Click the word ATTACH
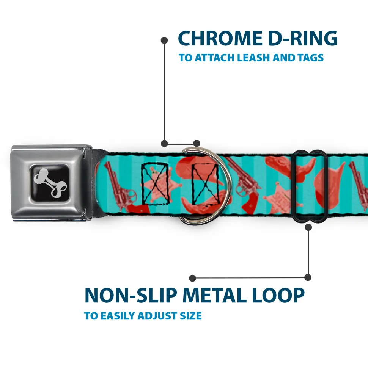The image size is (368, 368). tap(214, 58)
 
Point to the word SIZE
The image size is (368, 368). tap(189, 316)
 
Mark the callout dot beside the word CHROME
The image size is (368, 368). tap(164, 39)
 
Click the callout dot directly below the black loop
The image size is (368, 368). tap(308, 227)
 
